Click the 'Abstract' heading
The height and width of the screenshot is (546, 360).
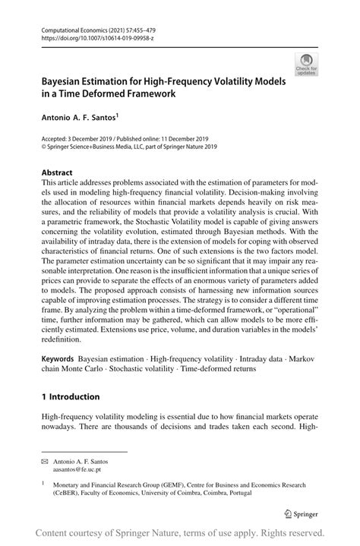pyautogui.click(x=58, y=172)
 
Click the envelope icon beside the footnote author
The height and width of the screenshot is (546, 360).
pyautogui.click(x=45, y=461)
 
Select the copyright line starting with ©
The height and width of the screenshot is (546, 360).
pyautogui.click(x=129, y=148)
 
